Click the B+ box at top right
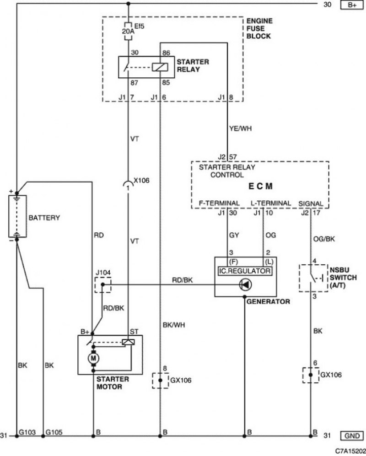[352, 5]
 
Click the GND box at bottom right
[352, 435]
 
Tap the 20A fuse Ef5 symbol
[128, 31]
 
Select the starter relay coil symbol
[160, 67]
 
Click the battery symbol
[17, 216]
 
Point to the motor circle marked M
[93, 358]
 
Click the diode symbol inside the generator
[245, 284]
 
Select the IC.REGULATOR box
[245, 271]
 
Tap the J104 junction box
[102, 284]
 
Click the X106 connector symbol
[128, 184]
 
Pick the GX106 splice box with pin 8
[160, 381]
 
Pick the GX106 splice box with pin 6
[311, 375]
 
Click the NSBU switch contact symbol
[313, 278]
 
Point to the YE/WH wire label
[240, 128]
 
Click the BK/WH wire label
[174, 325]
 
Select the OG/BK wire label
[324, 239]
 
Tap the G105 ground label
[54, 432]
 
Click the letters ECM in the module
[260, 186]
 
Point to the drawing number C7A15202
[350, 451]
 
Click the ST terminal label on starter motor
[134, 332]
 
